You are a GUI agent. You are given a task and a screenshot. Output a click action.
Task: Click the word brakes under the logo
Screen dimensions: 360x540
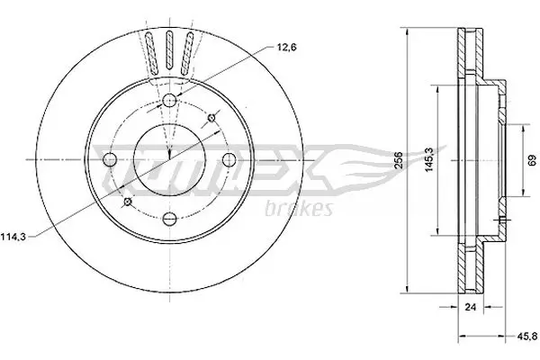(x=301, y=209)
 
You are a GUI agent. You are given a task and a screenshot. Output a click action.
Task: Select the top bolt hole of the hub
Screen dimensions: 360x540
(x=169, y=100)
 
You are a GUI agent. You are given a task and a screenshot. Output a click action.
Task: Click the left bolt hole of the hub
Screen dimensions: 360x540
(x=111, y=159)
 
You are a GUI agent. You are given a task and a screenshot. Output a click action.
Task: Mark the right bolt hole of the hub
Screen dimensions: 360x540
(x=228, y=159)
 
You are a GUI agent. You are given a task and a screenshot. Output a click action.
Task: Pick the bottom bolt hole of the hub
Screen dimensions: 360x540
(x=169, y=218)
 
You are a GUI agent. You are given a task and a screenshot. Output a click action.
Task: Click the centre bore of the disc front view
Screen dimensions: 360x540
(x=169, y=159)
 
